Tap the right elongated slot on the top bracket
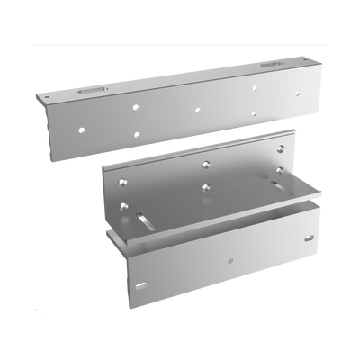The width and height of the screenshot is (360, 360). [271, 66]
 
